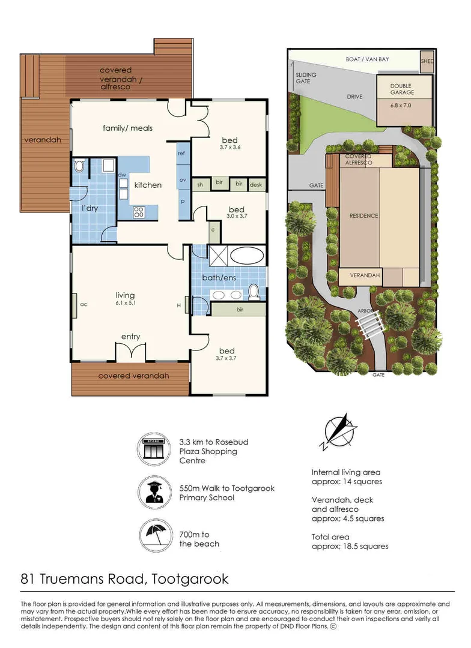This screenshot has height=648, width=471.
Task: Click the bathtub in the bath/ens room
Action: click(x=246, y=256)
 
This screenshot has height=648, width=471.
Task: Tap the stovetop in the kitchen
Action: click(x=138, y=211)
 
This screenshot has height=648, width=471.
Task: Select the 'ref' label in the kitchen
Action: click(x=181, y=154)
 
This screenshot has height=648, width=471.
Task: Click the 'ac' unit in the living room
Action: click(x=84, y=304)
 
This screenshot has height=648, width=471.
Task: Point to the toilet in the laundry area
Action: click(x=79, y=166)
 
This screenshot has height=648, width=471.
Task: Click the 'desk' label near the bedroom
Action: click(x=256, y=185)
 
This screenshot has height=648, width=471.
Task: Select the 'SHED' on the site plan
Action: click(x=427, y=61)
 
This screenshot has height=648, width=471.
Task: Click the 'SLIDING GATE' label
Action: click(x=303, y=78)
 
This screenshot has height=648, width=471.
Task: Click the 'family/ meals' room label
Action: click(x=127, y=128)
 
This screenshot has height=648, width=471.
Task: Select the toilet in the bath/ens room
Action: click(x=254, y=292)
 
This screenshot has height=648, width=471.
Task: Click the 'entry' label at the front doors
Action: click(x=130, y=337)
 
